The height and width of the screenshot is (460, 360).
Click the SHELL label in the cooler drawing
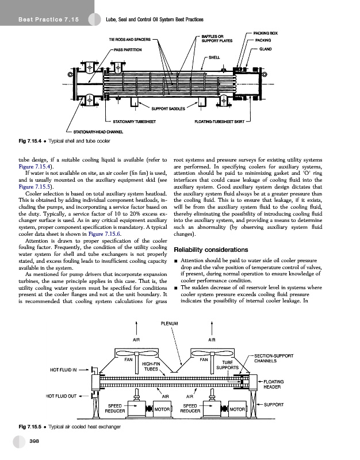[x=214, y=57]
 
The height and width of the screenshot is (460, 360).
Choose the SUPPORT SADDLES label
[x=168, y=109]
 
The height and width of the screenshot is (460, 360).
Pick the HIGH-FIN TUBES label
[x=150, y=366]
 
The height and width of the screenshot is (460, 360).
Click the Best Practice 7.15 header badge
[x=48, y=20]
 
